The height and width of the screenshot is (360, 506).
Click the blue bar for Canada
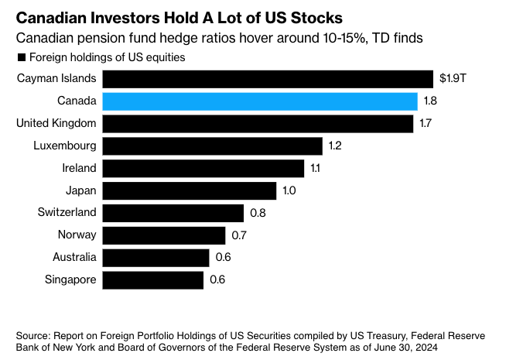click(260, 101)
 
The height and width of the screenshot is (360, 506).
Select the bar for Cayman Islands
click(268, 79)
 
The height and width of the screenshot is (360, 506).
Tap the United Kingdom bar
click(258, 124)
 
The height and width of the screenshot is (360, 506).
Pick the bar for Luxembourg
click(213, 146)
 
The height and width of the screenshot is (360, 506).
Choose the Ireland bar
click(203, 168)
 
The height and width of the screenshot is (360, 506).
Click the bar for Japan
click(190, 190)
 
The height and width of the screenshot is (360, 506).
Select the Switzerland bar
click(173, 213)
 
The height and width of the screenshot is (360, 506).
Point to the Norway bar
click(164, 235)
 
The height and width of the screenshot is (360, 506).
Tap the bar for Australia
click(156, 258)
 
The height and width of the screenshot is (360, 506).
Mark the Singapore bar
click(153, 279)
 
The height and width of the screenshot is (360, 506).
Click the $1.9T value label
click(452, 79)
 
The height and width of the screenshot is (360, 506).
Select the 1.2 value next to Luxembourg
click(334, 146)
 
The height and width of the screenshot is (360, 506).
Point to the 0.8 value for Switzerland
click(257, 213)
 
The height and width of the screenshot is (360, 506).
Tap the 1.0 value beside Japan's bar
click(289, 190)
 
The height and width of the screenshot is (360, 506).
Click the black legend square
click(21, 57)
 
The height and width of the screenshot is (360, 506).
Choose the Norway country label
click(77, 235)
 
